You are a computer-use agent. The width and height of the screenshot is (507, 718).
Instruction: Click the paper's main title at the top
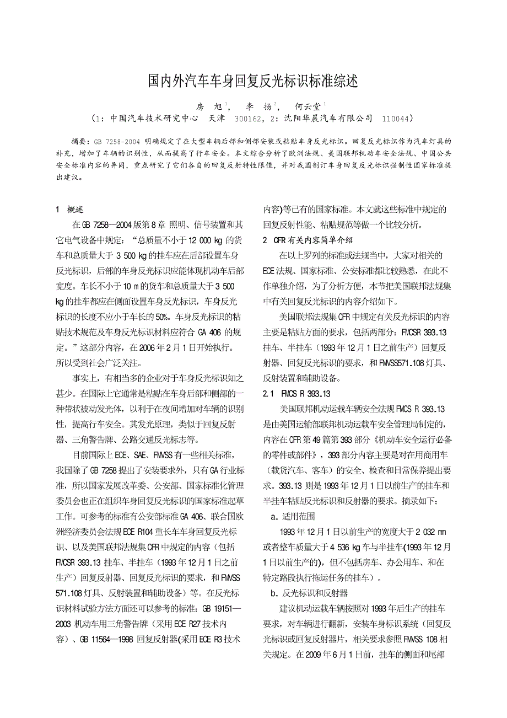(253, 82)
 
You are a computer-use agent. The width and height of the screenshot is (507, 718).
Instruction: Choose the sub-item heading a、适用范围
(293, 517)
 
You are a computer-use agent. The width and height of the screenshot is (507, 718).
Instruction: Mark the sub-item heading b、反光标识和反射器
(309, 593)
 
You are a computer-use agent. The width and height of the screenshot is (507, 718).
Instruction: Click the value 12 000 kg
(207, 240)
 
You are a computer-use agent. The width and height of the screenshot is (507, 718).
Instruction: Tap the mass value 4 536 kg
(349, 548)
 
